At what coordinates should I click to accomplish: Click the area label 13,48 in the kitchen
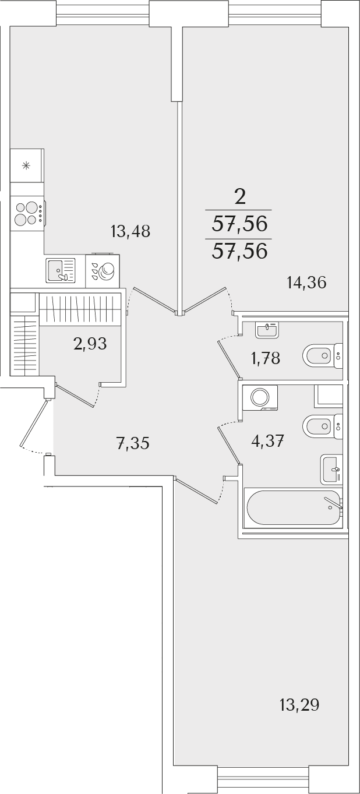pyautogui.click(x=130, y=231)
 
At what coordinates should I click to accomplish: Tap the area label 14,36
pyautogui.click(x=306, y=283)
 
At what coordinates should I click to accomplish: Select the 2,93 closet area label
pyautogui.click(x=90, y=344)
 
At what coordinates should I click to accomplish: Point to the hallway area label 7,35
pyautogui.click(x=132, y=443)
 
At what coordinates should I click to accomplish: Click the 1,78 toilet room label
pyautogui.click(x=266, y=359)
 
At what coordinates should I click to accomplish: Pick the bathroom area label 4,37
pyautogui.click(x=267, y=442)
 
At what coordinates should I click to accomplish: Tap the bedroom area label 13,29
pyautogui.click(x=299, y=705)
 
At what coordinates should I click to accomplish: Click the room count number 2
pyautogui.click(x=240, y=197)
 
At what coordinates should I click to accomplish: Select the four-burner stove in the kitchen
pyautogui.click(x=27, y=213)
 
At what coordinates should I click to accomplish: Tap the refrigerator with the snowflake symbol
pyautogui.click(x=27, y=165)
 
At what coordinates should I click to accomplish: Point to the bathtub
pyautogui.click(x=294, y=507)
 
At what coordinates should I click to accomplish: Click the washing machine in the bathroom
pyautogui.click(x=260, y=398)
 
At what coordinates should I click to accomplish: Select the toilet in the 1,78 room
pyautogui.click(x=323, y=355)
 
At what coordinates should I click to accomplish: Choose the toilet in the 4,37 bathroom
pyautogui.click(x=323, y=426)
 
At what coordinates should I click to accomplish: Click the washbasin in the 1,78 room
pyautogui.click(x=267, y=330)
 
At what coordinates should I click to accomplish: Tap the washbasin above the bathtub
pyautogui.click(x=331, y=470)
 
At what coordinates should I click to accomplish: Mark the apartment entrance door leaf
pyautogui.click(x=34, y=423)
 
